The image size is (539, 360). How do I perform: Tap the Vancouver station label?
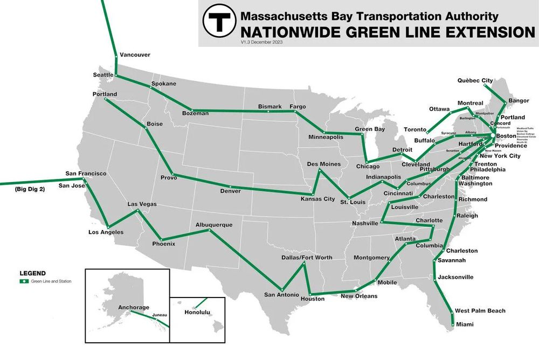click(x=135, y=55)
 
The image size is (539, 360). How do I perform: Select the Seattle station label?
click(x=103, y=75)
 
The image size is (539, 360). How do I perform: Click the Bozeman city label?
click(x=195, y=114)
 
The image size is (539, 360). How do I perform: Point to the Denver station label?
click(x=231, y=191)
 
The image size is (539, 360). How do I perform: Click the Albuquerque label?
click(x=214, y=224)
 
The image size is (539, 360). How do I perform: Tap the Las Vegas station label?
click(x=142, y=204)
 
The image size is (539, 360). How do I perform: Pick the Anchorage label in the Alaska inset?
click(x=134, y=308)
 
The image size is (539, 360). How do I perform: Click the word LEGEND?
click(x=32, y=274)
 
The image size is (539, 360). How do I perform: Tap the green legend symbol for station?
click(x=24, y=281)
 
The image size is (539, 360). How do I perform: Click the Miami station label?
click(x=465, y=324)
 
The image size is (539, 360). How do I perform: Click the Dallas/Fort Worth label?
click(x=307, y=258)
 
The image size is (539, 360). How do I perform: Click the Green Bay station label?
click(x=370, y=129)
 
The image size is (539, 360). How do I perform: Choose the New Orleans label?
click(x=359, y=296)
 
